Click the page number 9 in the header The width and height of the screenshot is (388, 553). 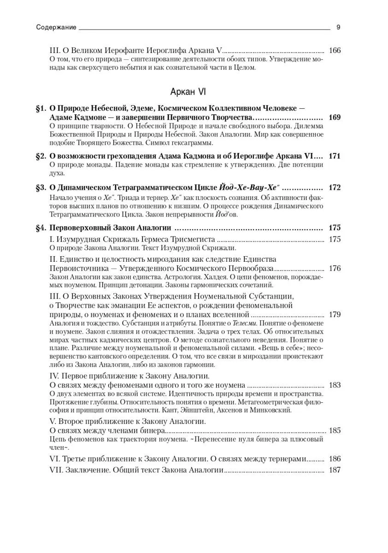pos(338,27)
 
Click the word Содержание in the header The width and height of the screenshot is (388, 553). pos(56,27)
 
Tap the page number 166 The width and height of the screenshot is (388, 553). pos(335,51)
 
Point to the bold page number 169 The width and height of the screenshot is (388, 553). pos(335,118)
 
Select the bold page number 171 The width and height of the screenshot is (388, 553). pos(335,156)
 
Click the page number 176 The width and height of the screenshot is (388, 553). pos(335,268)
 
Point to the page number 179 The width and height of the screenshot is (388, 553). pos(335,315)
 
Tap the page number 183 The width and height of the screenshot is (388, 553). pos(335,384)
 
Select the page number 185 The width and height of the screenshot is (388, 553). pos(335,431)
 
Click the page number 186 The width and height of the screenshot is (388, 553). pos(335,459)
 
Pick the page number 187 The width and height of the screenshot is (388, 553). pos(335,470)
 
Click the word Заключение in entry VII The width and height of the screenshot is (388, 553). pos(88,470)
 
